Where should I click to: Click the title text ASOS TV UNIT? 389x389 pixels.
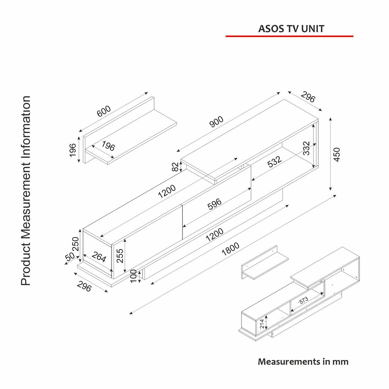point(291,29)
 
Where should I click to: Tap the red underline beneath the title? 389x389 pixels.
point(289,36)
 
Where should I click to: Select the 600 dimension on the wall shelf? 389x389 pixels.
point(104,111)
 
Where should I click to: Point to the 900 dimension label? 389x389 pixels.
point(216,121)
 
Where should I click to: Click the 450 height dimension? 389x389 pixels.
point(337,154)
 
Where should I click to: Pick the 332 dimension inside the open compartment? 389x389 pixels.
point(307,148)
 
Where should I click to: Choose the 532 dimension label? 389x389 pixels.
point(274,162)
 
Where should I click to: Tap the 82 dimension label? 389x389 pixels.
point(175,167)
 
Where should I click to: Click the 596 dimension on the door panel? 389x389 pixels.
point(214,204)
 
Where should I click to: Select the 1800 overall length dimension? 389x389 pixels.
point(231,249)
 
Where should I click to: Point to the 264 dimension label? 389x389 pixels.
point(99,257)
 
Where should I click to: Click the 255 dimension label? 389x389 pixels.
point(120,256)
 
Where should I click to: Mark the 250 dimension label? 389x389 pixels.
point(75,244)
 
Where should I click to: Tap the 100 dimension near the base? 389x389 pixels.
point(133,276)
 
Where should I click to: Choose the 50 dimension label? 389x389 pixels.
point(70,256)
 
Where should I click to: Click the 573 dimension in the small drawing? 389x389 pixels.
point(303,301)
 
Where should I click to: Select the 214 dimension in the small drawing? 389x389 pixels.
point(262,324)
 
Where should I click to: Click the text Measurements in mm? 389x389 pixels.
point(303,361)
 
